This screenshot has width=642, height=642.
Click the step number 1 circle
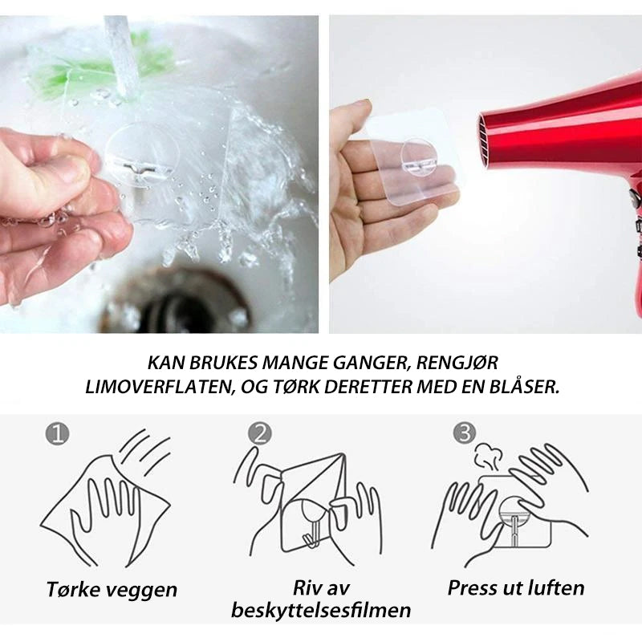[x=57, y=434]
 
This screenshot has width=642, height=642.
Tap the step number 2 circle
[x=259, y=433]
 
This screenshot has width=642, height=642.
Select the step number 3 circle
[x=465, y=433]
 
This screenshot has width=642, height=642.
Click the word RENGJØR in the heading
[x=457, y=363]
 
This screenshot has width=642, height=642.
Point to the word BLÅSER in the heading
[x=524, y=387]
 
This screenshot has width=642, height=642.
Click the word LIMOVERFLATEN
[x=160, y=388]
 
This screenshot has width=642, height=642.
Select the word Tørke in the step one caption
[x=73, y=589]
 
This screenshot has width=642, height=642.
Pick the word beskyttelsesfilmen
[x=321, y=610]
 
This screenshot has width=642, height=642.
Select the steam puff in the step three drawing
[x=488, y=457]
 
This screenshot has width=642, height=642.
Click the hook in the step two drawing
[x=311, y=523]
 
